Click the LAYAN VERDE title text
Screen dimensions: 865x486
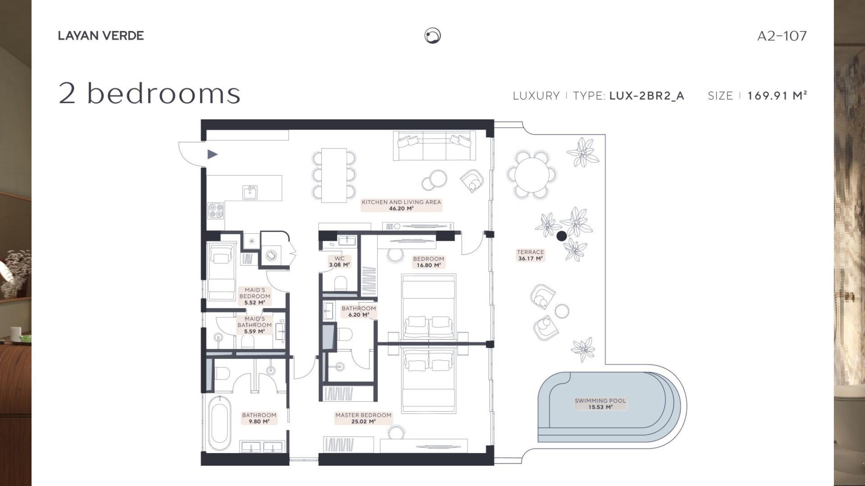pyautogui.click(x=101, y=35)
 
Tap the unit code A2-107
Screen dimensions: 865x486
pyautogui.click(x=782, y=35)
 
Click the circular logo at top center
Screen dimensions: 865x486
pyautogui.click(x=432, y=35)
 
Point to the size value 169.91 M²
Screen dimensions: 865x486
pyautogui.click(x=777, y=95)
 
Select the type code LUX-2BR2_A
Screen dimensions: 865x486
pyautogui.click(x=647, y=96)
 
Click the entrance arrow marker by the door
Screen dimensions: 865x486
pyautogui.click(x=212, y=154)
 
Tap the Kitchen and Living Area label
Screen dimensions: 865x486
pyautogui.click(x=401, y=205)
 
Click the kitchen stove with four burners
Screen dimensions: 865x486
pyautogui.click(x=216, y=211)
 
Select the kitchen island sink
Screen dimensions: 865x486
pyautogui.click(x=250, y=192)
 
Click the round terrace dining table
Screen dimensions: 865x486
pyautogui.click(x=532, y=175)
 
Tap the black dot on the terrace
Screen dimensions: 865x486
pyautogui.click(x=561, y=236)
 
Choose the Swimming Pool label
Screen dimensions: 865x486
pyautogui.click(x=600, y=404)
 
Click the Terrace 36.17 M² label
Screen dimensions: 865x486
pyautogui.click(x=530, y=255)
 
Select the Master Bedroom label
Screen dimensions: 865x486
pyautogui.click(x=363, y=418)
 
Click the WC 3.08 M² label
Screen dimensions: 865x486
pyautogui.click(x=340, y=262)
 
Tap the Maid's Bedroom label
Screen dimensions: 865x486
pyautogui.click(x=255, y=296)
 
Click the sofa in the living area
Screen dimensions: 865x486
pyautogui.click(x=434, y=146)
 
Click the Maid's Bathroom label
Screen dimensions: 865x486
pyautogui.click(x=254, y=325)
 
